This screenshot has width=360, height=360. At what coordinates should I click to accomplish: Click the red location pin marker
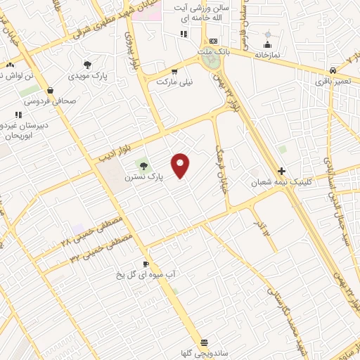click(181, 165)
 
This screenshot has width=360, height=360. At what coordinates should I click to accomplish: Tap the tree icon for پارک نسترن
click(143, 166)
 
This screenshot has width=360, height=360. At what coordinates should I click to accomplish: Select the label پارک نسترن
click(143, 178)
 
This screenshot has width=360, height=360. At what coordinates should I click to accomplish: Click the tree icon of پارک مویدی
click(87, 65)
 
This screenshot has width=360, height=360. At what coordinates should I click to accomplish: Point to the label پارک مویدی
click(87, 76)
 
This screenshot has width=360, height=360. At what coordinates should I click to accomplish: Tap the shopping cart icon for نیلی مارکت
click(174, 71)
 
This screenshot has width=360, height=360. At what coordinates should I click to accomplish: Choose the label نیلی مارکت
click(174, 82)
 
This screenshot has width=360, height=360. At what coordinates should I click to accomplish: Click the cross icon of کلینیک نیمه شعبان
click(281, 171)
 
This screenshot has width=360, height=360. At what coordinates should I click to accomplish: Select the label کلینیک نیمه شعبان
click(281, 182)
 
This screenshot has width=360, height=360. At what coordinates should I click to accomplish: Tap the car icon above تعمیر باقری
click(333, 71)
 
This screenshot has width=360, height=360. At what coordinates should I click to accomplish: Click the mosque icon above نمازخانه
click(267, 34)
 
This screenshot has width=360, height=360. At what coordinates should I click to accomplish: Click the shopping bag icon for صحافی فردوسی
click(51, 90)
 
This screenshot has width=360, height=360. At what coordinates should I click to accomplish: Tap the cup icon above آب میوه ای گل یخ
click(145, 264)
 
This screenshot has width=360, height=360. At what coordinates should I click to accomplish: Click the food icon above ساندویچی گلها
click(204, 342)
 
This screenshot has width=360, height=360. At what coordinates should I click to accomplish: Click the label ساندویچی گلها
click(204, 354)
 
